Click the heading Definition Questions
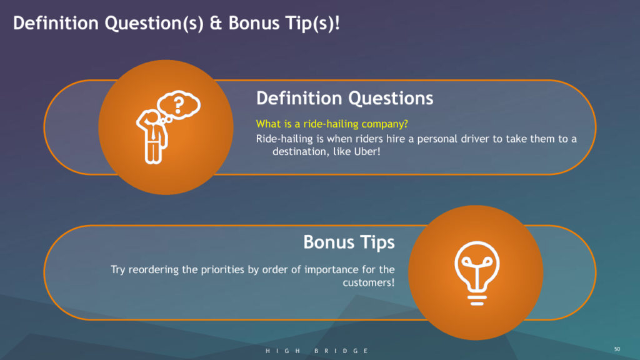tap(344, 98)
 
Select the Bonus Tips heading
tap(349, 242)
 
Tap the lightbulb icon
tap(477, 273)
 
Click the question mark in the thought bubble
tap(178, 104)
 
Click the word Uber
tap(367, 151)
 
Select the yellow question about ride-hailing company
tap(332, 124)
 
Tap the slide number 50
tap(617, 349)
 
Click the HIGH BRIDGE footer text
tap(317, 351)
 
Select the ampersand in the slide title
tap(216, 23)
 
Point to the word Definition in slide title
tap(56, 23)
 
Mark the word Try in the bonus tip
tap(117, 270)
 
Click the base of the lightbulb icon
tap(477, 300)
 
